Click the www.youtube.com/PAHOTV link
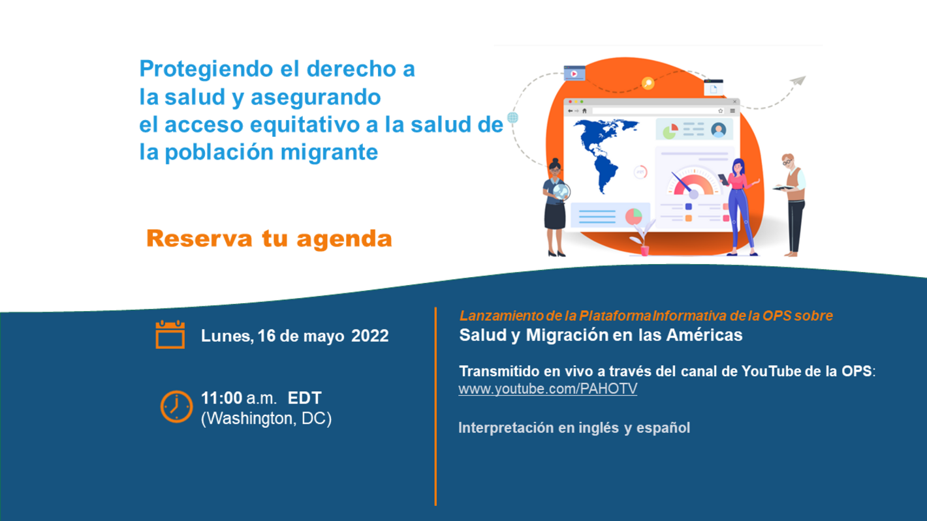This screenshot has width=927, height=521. coord(548,389)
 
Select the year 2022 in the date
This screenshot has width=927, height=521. coord(370,336)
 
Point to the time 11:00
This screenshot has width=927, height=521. coord(222,398)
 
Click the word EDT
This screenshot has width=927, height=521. coord(305,398)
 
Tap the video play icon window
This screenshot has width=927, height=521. coord(573,74)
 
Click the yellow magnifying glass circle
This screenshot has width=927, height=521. coord(648,83)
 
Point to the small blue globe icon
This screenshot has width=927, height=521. coord(513,118)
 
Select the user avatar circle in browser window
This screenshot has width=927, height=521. coord(719,130)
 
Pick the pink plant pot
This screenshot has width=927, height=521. coord(644,249)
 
